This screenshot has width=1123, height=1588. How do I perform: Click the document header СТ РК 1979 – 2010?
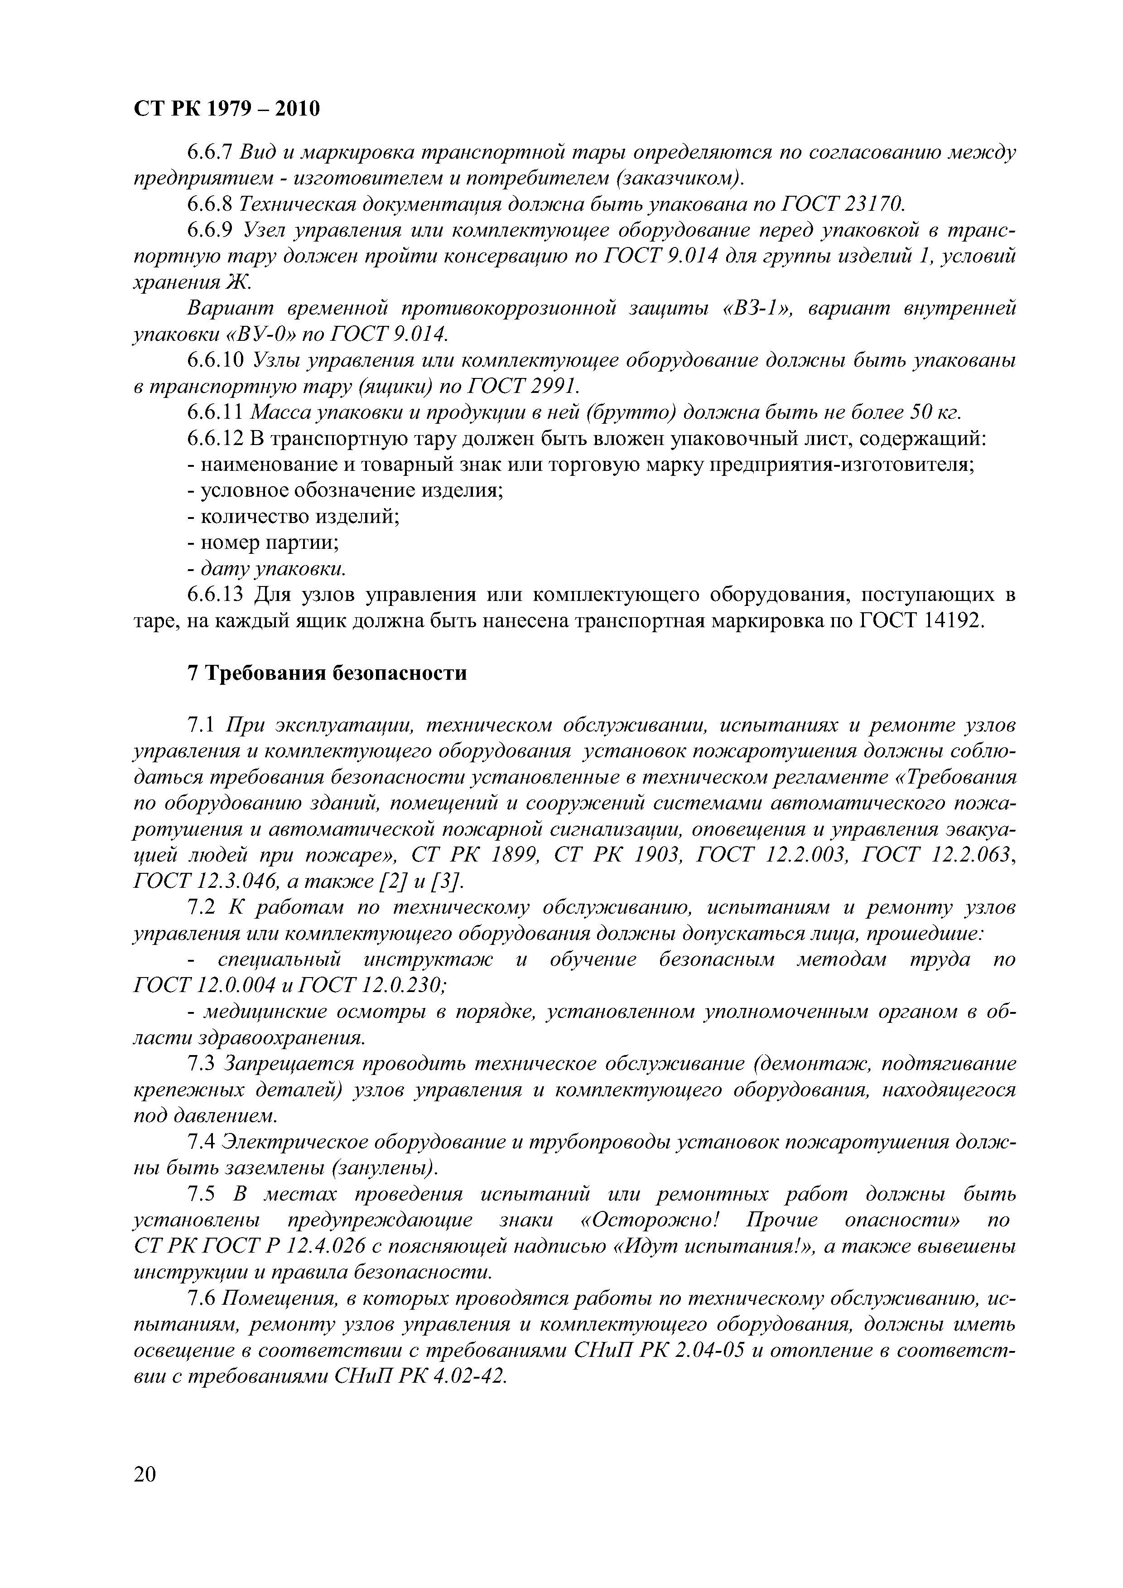click(226, 109)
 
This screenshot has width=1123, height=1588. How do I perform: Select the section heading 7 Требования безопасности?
click(327, 673)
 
